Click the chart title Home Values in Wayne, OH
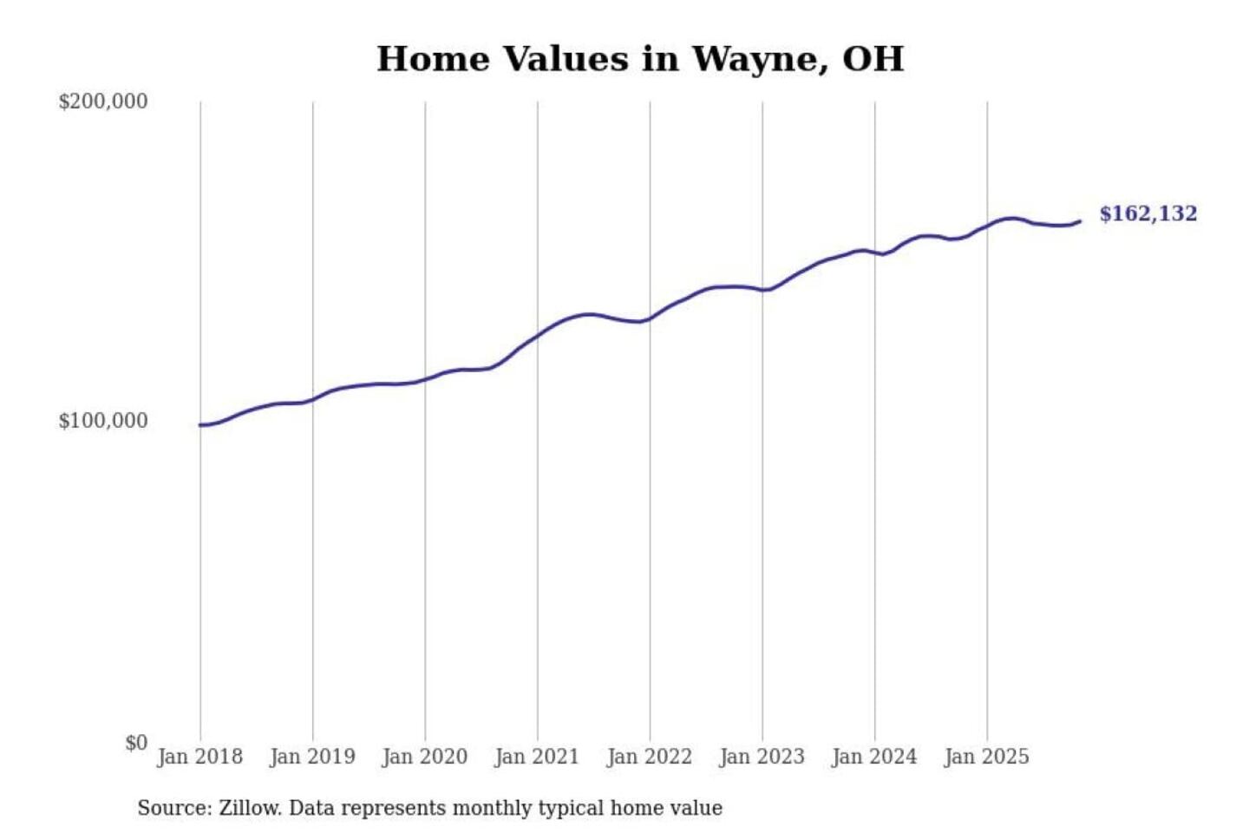640,59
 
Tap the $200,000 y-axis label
103,102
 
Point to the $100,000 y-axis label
103,421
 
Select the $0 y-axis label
136,743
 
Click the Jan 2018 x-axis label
199,757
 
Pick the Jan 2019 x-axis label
312,757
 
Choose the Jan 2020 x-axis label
424,757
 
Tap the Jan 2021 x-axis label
536,757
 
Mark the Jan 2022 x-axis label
649,757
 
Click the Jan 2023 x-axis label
762,757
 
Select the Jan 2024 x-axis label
873,757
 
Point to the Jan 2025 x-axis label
986,757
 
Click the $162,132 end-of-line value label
1148,213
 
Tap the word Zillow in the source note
249,809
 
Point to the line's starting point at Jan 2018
201,425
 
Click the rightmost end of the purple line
1080,221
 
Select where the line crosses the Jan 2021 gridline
538,335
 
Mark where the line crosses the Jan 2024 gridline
875,253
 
